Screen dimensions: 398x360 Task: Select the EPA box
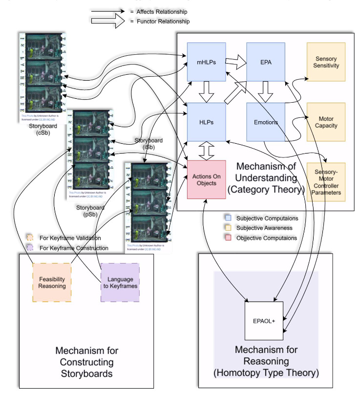pos(266,62)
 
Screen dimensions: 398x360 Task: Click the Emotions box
pos(266,122)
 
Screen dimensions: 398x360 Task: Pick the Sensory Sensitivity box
pos(325,62)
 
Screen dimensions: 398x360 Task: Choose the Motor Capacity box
pos(325,122)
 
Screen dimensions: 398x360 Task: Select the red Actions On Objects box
pos(206,179)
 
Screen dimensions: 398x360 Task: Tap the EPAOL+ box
pos(264,321)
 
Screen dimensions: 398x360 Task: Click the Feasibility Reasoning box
pos(52,282)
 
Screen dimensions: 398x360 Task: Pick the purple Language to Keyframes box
pos(120,282)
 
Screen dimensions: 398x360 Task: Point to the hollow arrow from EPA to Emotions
pos(266,91)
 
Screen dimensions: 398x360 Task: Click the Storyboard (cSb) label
pos(41,131)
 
